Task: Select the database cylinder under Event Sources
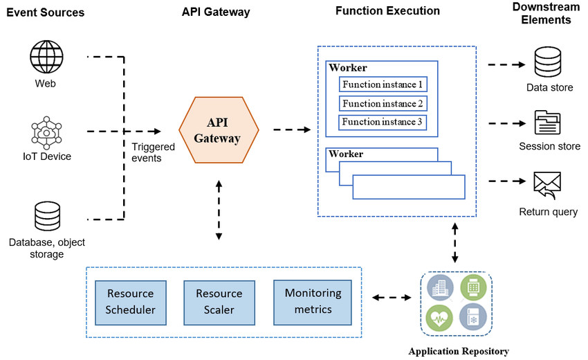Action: tap(46, 216)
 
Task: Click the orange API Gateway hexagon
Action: tap(219, 129)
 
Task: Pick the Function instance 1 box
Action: tap(383, 84)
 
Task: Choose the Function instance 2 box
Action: tap(383, 104)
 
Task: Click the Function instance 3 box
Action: tap(383, 123)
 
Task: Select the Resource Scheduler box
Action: tap(131, 301)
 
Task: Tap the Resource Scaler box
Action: tap(219, 301)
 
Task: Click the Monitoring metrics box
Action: tap(308, 301)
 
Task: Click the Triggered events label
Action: tap(147, 152)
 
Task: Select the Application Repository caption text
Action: tap(458, 351)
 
